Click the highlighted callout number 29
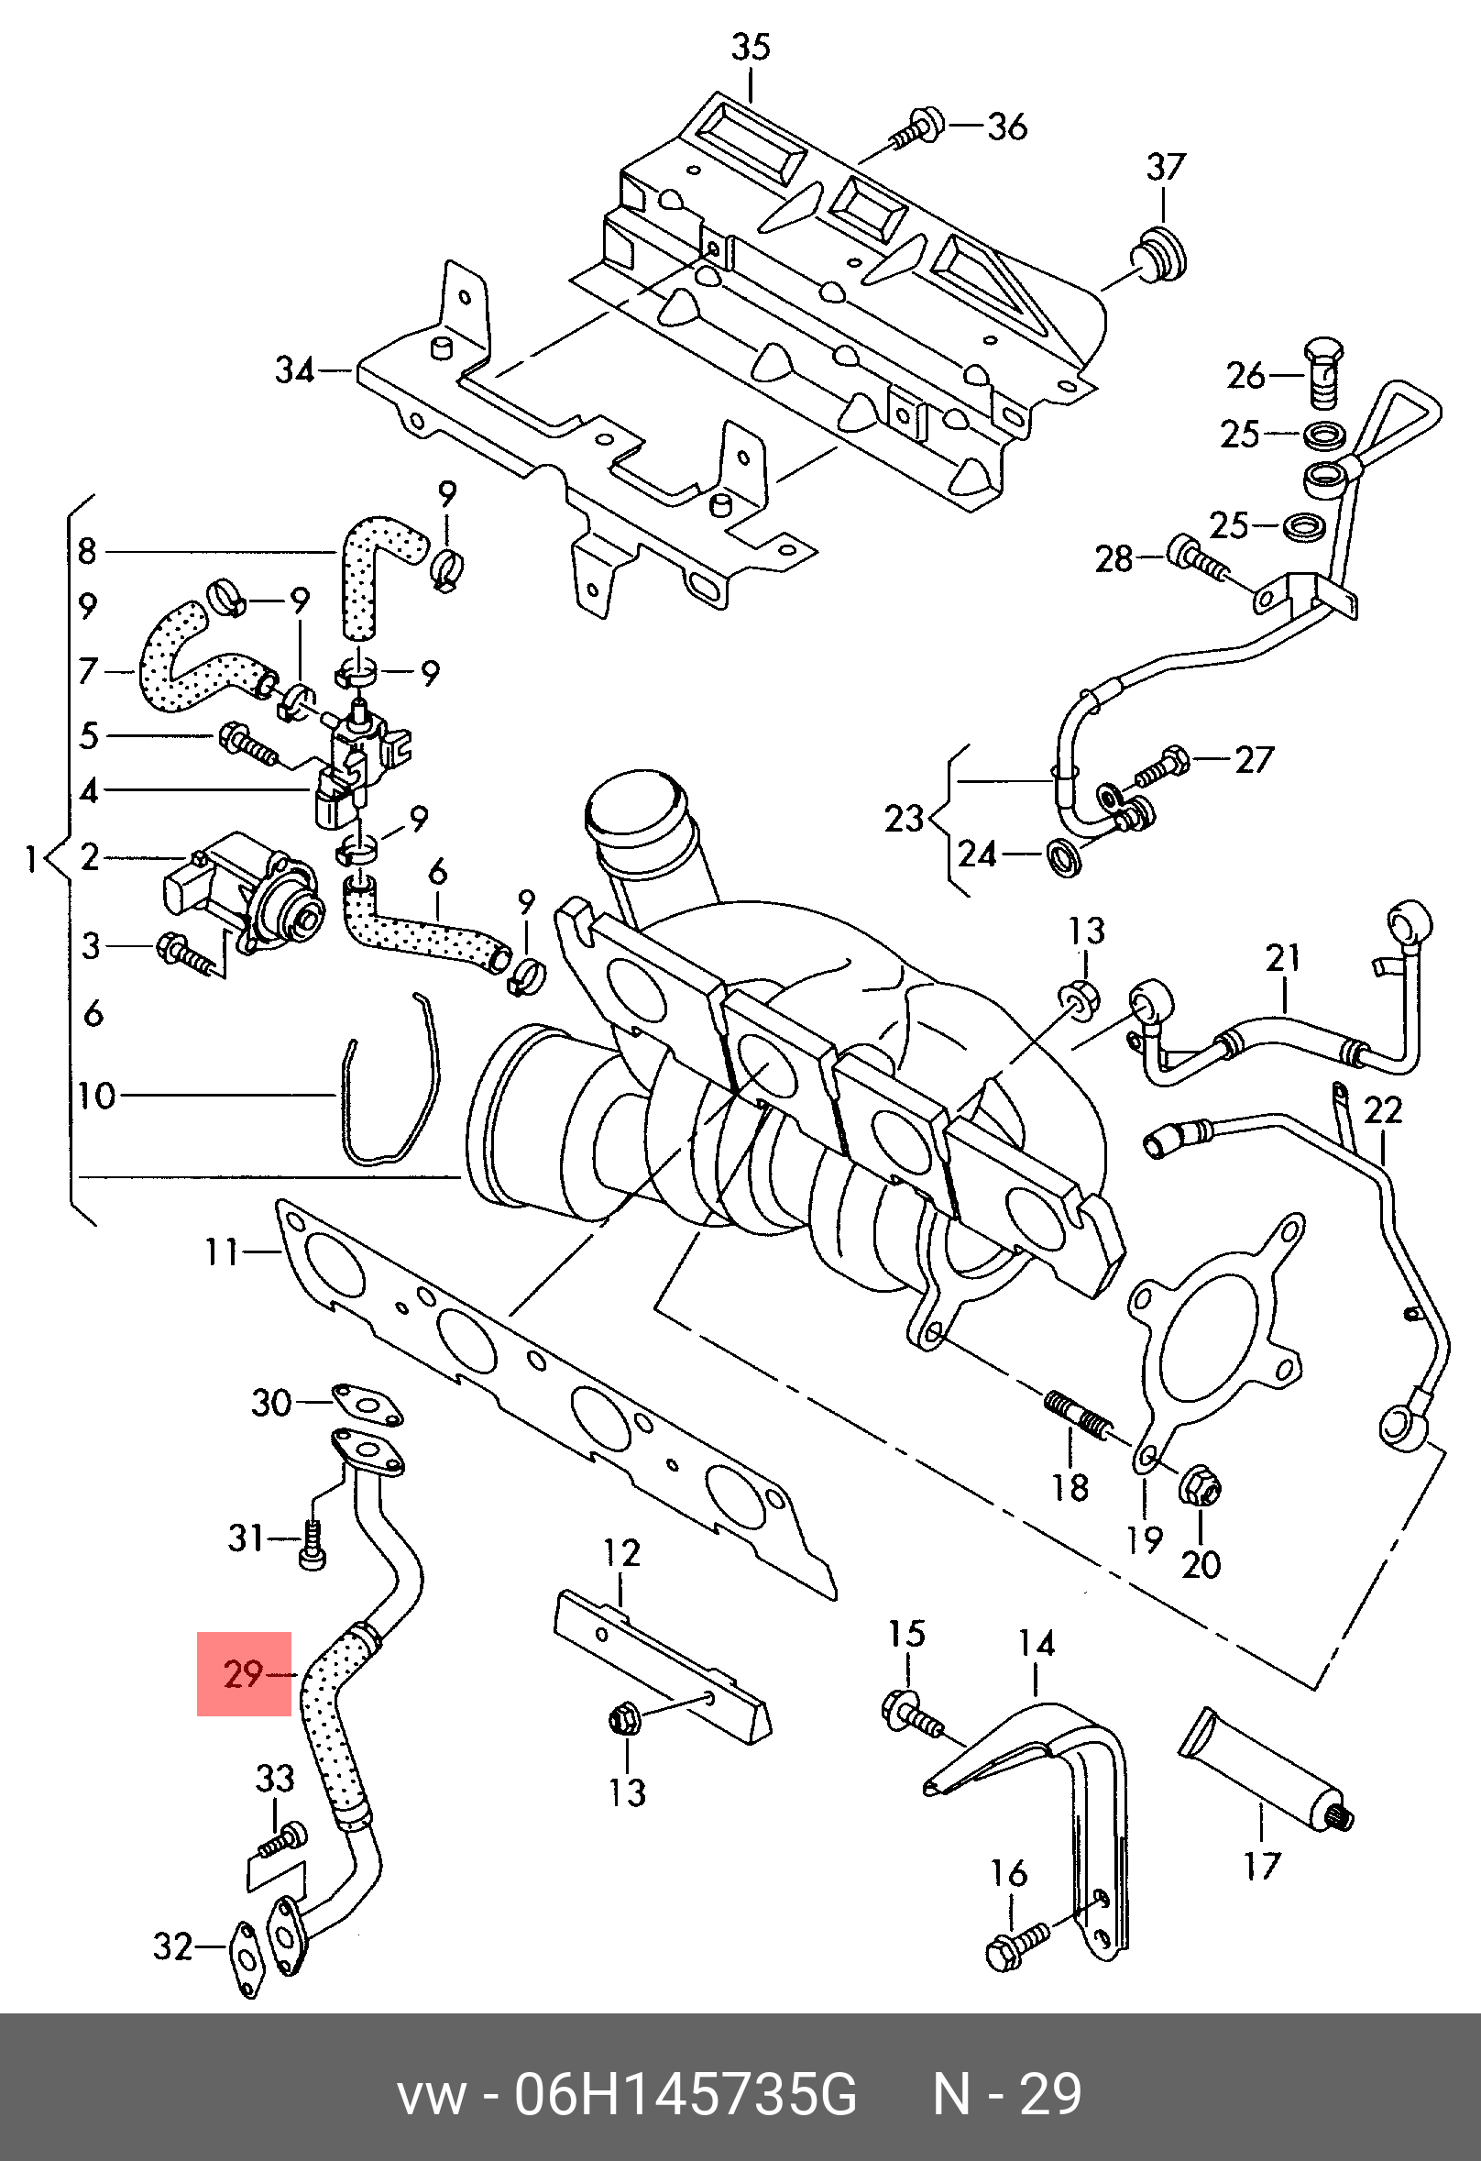(x=244, y=1675)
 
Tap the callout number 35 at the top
(x=751, y=47)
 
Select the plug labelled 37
(x=1159, y=252)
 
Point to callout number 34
(x=295, y=370)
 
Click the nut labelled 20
(x=1200, y=1489)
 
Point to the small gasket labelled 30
(x=368, y=1404)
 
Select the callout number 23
(x=903, y=818)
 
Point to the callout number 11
(x=222, y=1252)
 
